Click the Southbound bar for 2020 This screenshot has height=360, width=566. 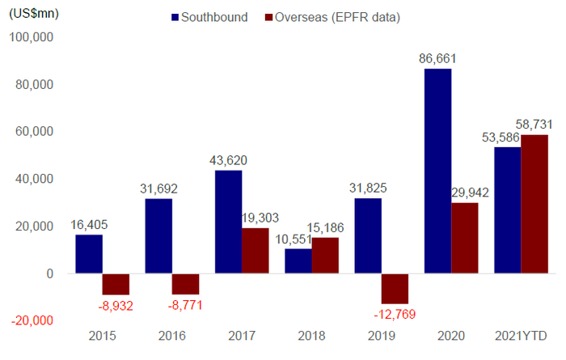[x=437, y=171]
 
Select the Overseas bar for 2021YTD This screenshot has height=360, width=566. [x=534, y=204]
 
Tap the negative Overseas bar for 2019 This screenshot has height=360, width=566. [x=395, y=288]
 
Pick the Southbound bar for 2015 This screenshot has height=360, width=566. [x=89, y=254]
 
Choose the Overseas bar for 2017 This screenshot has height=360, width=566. [x=256, y=251]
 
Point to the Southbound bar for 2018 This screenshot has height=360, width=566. [x=298, y=261]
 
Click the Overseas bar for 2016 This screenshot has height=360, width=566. [x=185, y=284]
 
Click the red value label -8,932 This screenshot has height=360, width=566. [x=116, y=306]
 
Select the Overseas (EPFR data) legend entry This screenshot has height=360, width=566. [x=334, y=17]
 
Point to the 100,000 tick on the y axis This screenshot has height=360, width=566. [x=30, y=37]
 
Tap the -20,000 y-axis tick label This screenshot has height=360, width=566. [x=30, y=320]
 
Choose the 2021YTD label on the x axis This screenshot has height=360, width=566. [x=519, y=335]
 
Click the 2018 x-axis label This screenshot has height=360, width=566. [x=312, y=335]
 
